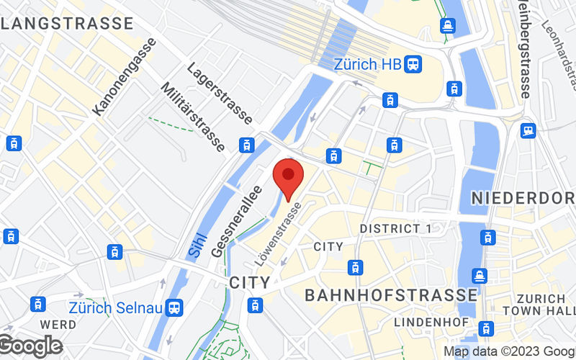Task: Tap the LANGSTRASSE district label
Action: pyautogui.click(x=68, y=23)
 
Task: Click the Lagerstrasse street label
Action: pyautogui.click(x=219, y=93)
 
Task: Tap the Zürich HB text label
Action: pyautogui.click(x=367, y=64)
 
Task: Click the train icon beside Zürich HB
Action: pyautogui.click(x=413, y=64)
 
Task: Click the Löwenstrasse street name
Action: pyautogui.click(x=283, y=231)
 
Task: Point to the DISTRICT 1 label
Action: pyautogui.click(x=395, y=228)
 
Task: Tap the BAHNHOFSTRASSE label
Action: pyautogui.click(x=391, y=295)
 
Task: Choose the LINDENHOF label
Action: pyautogui.click(x=422, y=320)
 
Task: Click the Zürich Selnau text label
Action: pyautogui.click(x=114, y=307)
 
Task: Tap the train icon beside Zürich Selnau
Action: pyautogui.click(x=174, y=307)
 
